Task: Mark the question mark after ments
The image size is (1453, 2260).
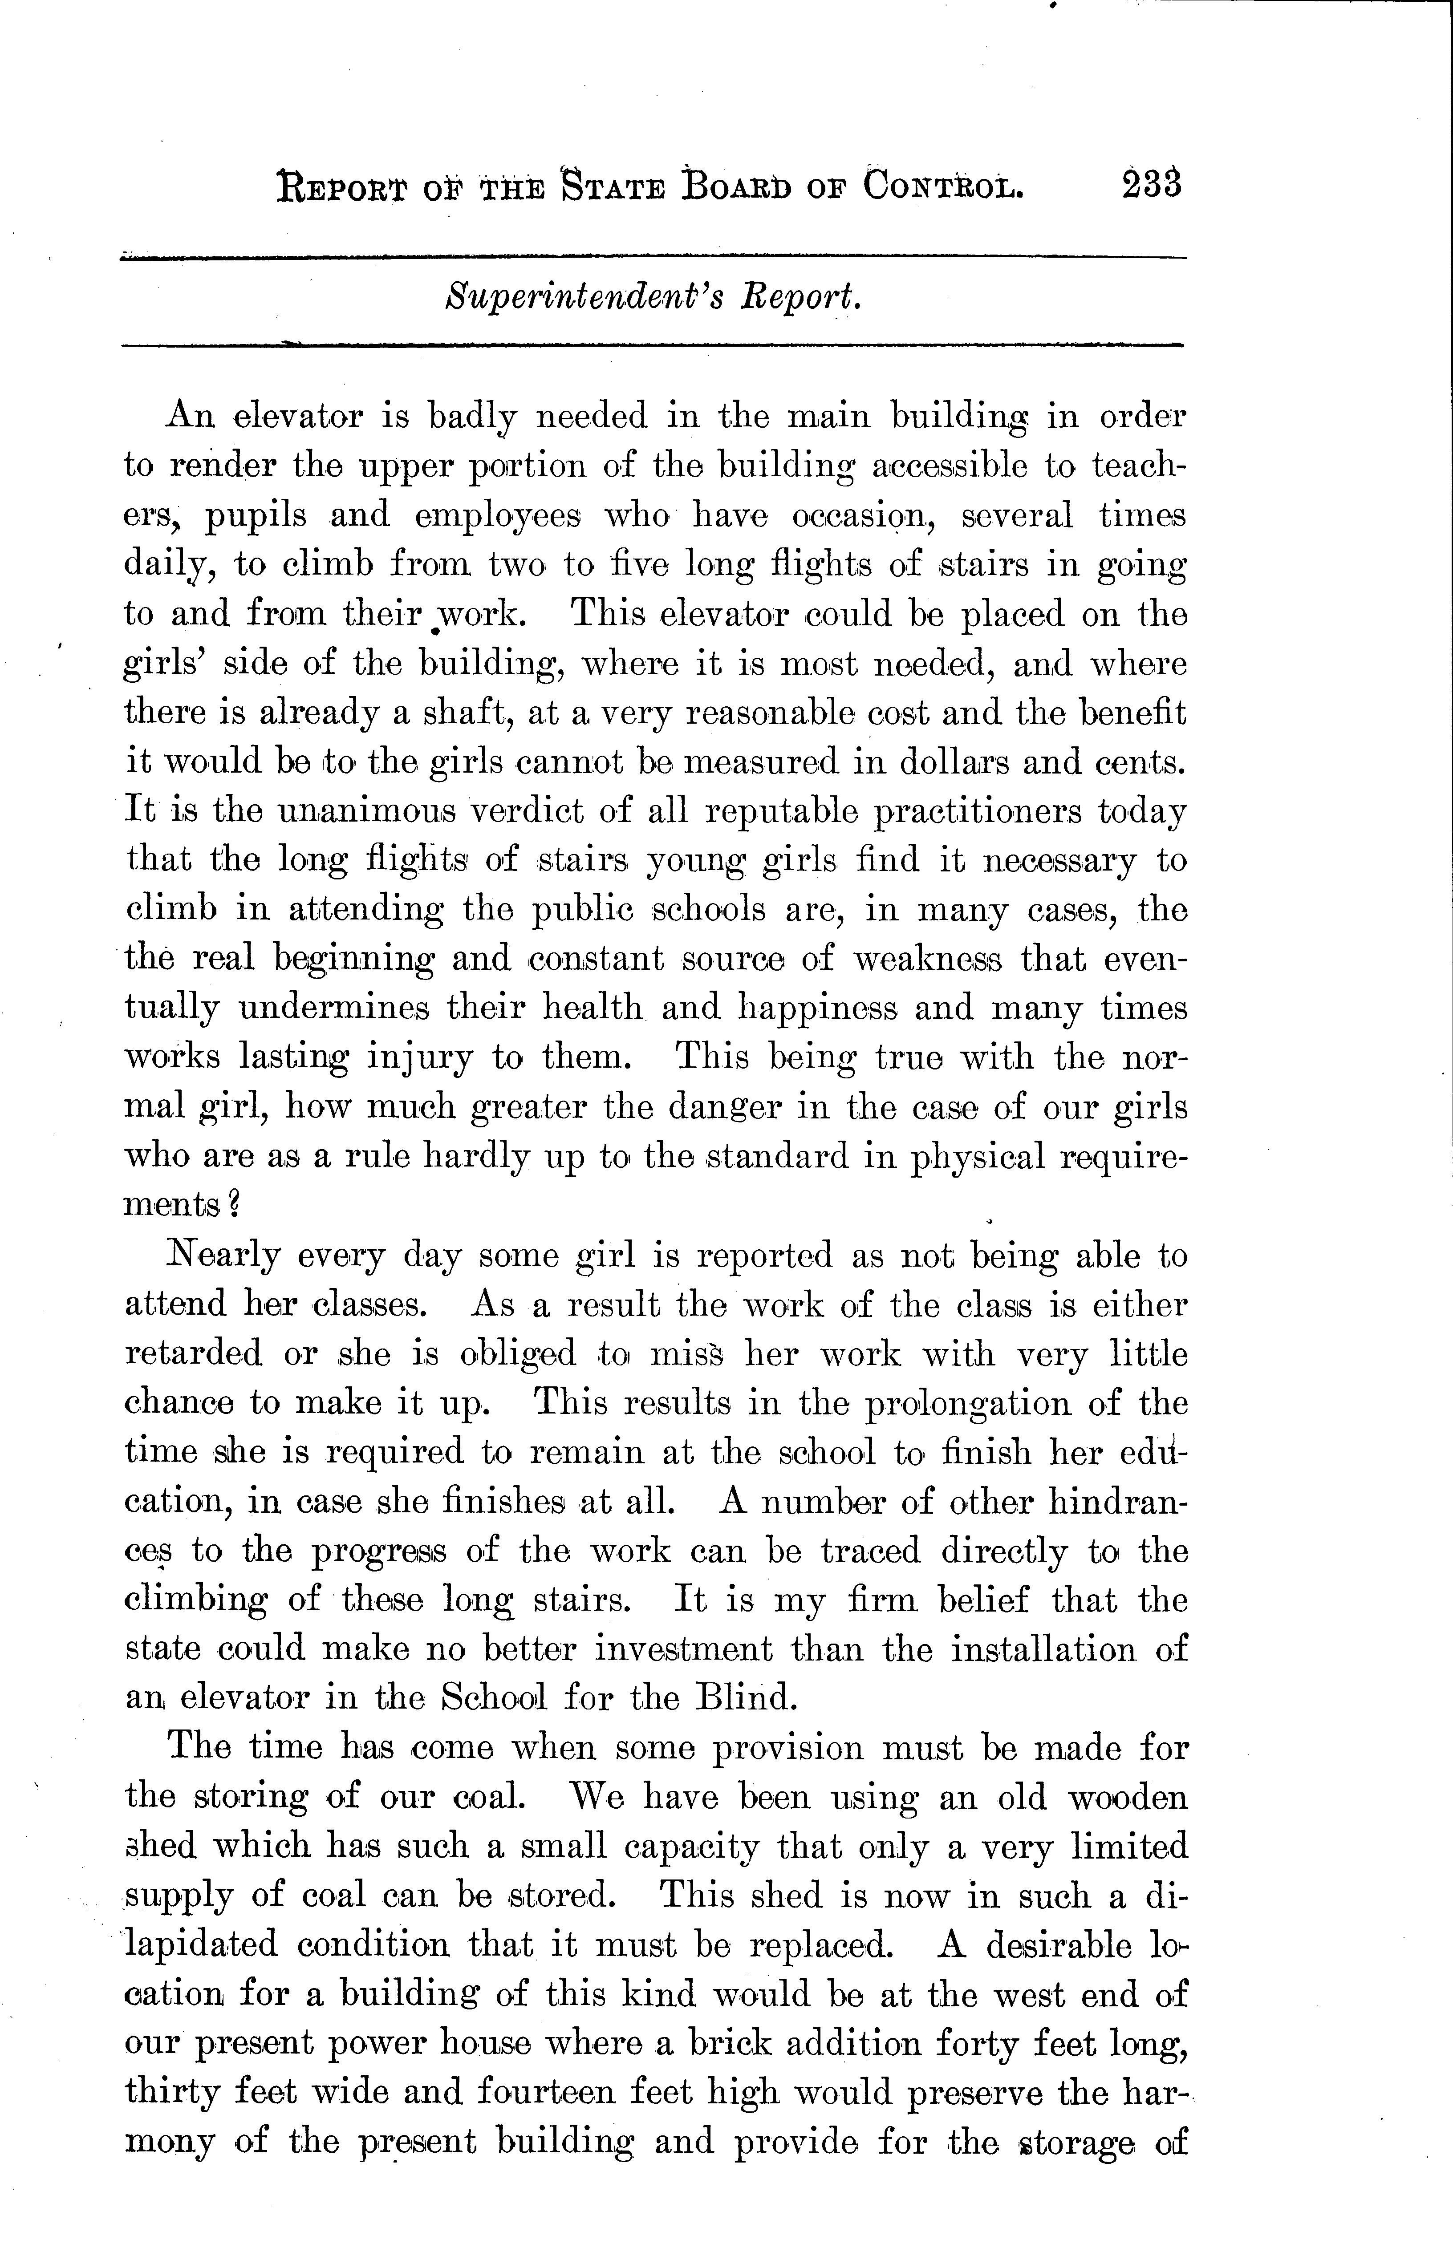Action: click(234, 1206)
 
